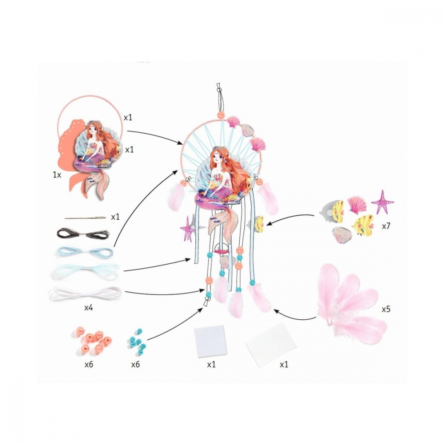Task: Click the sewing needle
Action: point(85,218)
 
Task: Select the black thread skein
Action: point(83,234)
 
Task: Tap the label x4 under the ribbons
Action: point(89,307)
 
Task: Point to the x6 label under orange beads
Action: point(89,365)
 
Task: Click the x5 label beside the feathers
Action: point(386,309)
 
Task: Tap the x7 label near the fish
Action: point(386,226)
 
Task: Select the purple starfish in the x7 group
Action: point(382,202)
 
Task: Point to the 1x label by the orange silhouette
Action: point(57,174)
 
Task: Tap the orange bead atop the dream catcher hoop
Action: point(221,115)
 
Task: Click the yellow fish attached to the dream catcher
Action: point(259,223)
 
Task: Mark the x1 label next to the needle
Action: point(115,217)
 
